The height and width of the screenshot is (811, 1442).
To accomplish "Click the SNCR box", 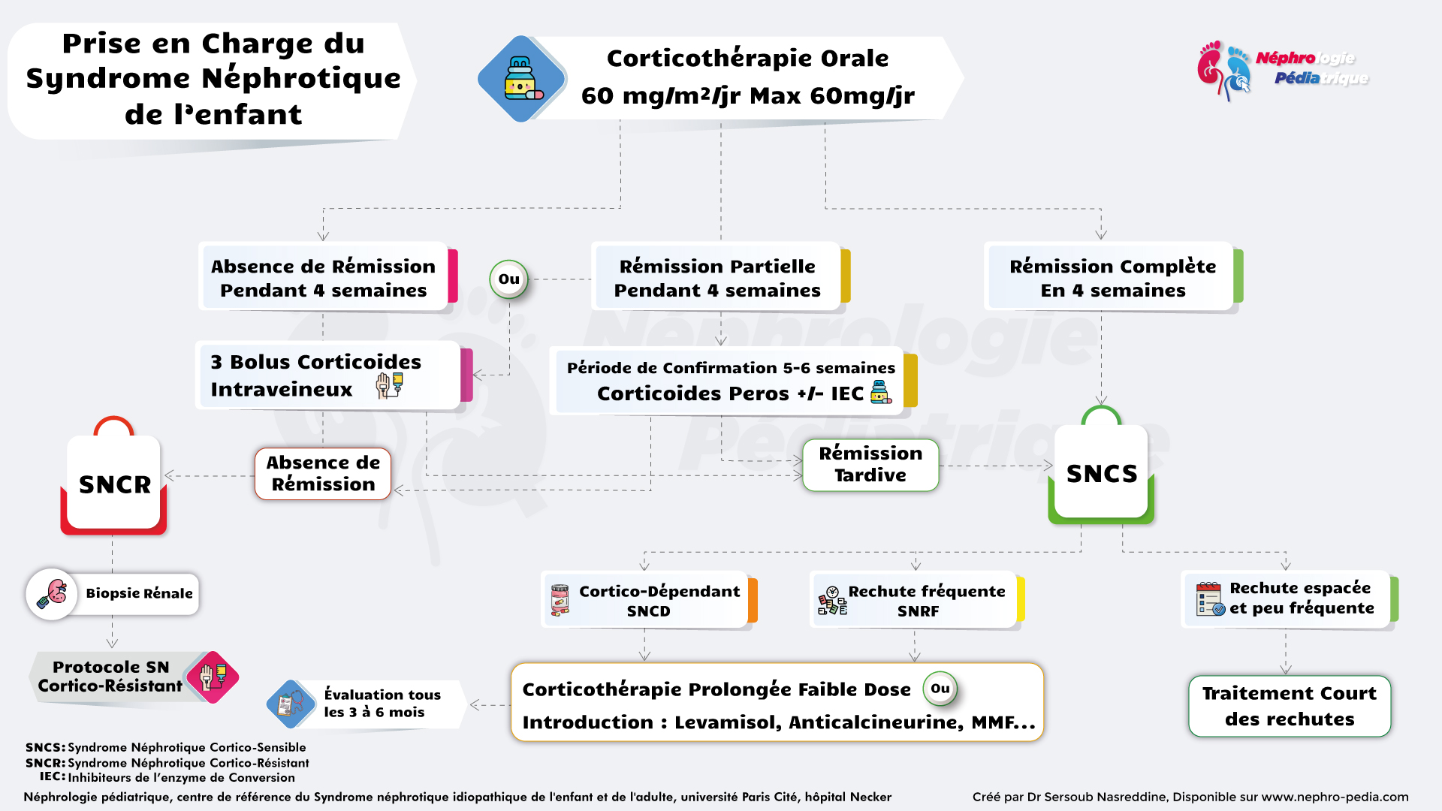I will pos(114,484).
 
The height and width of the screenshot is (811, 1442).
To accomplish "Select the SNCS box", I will pos(1101,473).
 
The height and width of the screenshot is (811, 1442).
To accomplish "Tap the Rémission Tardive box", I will pos(870,465).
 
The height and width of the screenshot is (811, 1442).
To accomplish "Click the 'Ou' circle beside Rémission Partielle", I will pos(509,279).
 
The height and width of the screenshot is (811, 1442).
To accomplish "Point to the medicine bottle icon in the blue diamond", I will pos(521,78).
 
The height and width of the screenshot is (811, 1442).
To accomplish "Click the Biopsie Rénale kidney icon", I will pos(53,593).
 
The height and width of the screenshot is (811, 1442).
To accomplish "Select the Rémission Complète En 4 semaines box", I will pos(1112,278).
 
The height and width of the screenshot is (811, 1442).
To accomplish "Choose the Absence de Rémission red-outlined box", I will pos(323,474).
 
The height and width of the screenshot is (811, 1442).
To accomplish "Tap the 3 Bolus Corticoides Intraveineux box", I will pos(329,375).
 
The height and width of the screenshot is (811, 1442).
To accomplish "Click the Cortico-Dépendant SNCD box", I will pos(647,601).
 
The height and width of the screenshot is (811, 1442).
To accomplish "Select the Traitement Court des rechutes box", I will pos(1289,706).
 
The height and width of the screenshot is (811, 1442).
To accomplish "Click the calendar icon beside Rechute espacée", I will pos(1210,598).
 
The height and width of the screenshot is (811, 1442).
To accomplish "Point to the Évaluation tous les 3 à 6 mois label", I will pos(382,704).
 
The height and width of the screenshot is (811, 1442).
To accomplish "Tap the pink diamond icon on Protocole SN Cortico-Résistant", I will pos(213,677).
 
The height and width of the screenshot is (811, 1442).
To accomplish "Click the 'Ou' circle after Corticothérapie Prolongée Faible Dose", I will pos(940,689).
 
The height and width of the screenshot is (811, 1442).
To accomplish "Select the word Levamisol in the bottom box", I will pos(727,722).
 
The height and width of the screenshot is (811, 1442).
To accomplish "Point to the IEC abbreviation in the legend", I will pos(52,777).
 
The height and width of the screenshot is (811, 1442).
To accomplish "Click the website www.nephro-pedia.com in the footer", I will pos(1335,797).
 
